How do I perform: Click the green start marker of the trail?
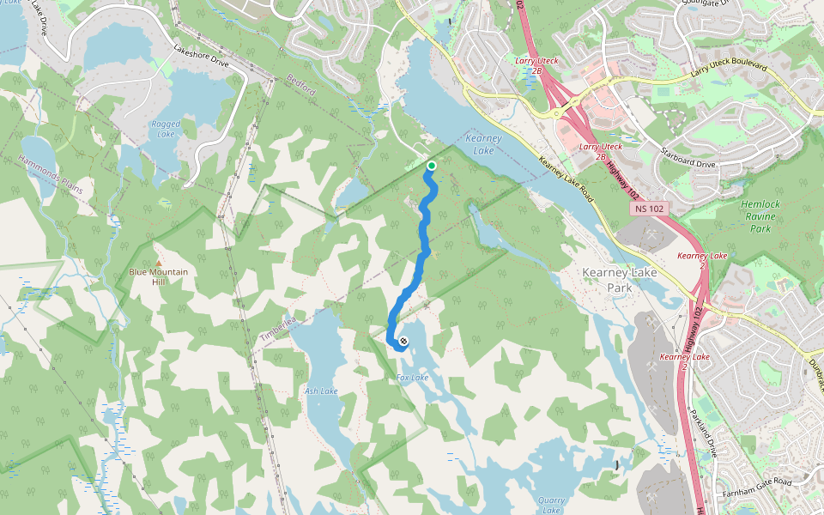[x=431, y=166]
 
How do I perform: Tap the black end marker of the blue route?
[x=403, y=342]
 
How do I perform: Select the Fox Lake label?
[x=413, y=378]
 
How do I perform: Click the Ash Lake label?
[x=321, y=391]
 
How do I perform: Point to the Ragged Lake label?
[x=166, y=129]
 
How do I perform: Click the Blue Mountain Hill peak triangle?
[x=158, y=262]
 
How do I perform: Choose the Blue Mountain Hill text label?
[x=158, y=277]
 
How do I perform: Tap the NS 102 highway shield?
[x=651, y=209]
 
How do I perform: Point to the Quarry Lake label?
[x=551, y=505]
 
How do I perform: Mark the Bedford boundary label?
[x=302, y=87]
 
